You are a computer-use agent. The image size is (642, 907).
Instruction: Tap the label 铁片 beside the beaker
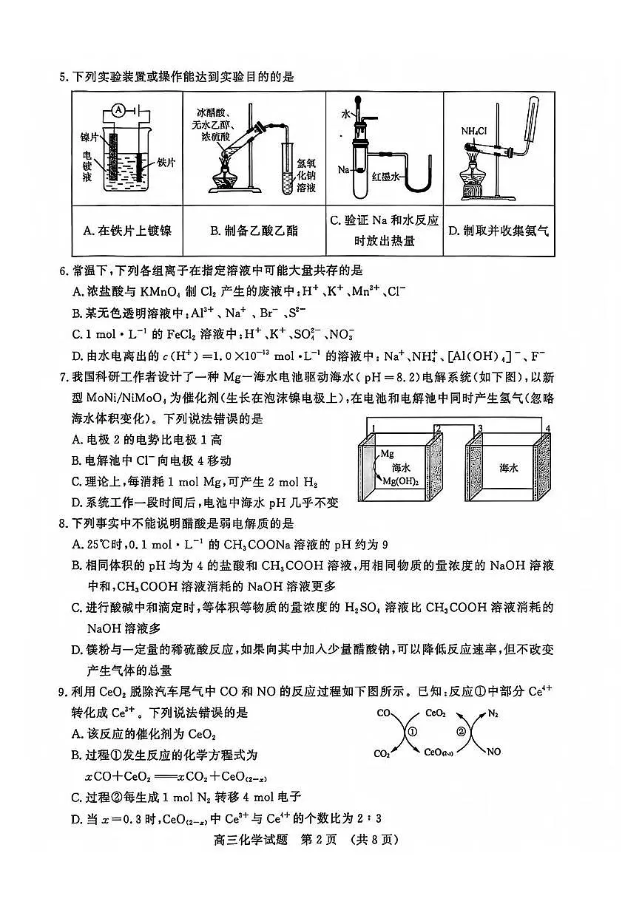[x=166, y=162]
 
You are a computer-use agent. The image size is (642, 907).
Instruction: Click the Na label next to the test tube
[x=343, y=170]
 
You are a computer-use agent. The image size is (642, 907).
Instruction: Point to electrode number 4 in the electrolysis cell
[x=547, y=428]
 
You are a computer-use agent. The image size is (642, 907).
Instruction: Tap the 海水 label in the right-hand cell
[x=508, y=468]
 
